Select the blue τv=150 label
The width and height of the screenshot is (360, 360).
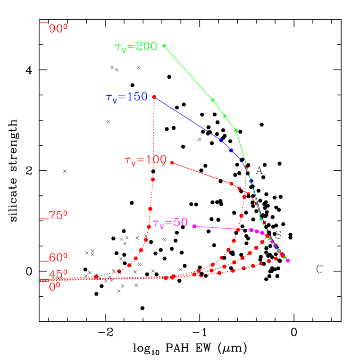tap(126, 97)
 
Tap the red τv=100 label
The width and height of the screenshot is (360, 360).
tap(145, 160)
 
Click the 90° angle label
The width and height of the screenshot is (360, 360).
tap(59, 29)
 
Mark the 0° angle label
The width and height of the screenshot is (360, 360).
tap(55, 286)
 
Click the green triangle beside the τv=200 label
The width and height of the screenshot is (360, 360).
tap(164, 45)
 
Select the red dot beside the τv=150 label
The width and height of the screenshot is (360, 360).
tap(154, 97)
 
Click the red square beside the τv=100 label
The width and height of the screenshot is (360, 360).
tap(172, 163)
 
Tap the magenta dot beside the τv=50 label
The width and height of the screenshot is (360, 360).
tap(194, 226)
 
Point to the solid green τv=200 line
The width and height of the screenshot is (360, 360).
tap(189, 73)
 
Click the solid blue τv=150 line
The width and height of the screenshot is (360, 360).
tap(184, 116)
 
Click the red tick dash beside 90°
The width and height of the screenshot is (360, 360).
tap(44, 22)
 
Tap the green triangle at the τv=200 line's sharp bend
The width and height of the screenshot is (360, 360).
tap(236, 130)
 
